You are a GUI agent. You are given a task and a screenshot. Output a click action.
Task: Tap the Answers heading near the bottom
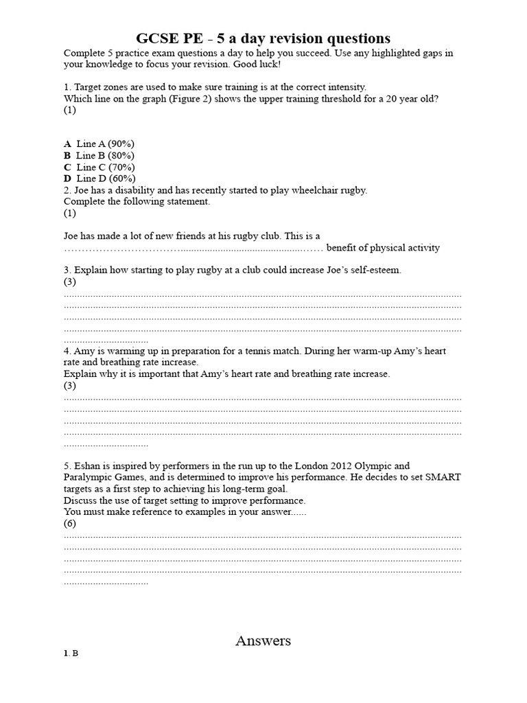[x=263, y=641]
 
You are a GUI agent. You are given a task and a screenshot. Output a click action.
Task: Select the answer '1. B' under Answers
[x=71, y=654]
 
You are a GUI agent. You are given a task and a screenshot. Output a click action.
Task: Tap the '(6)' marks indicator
[x=70, y=523]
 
